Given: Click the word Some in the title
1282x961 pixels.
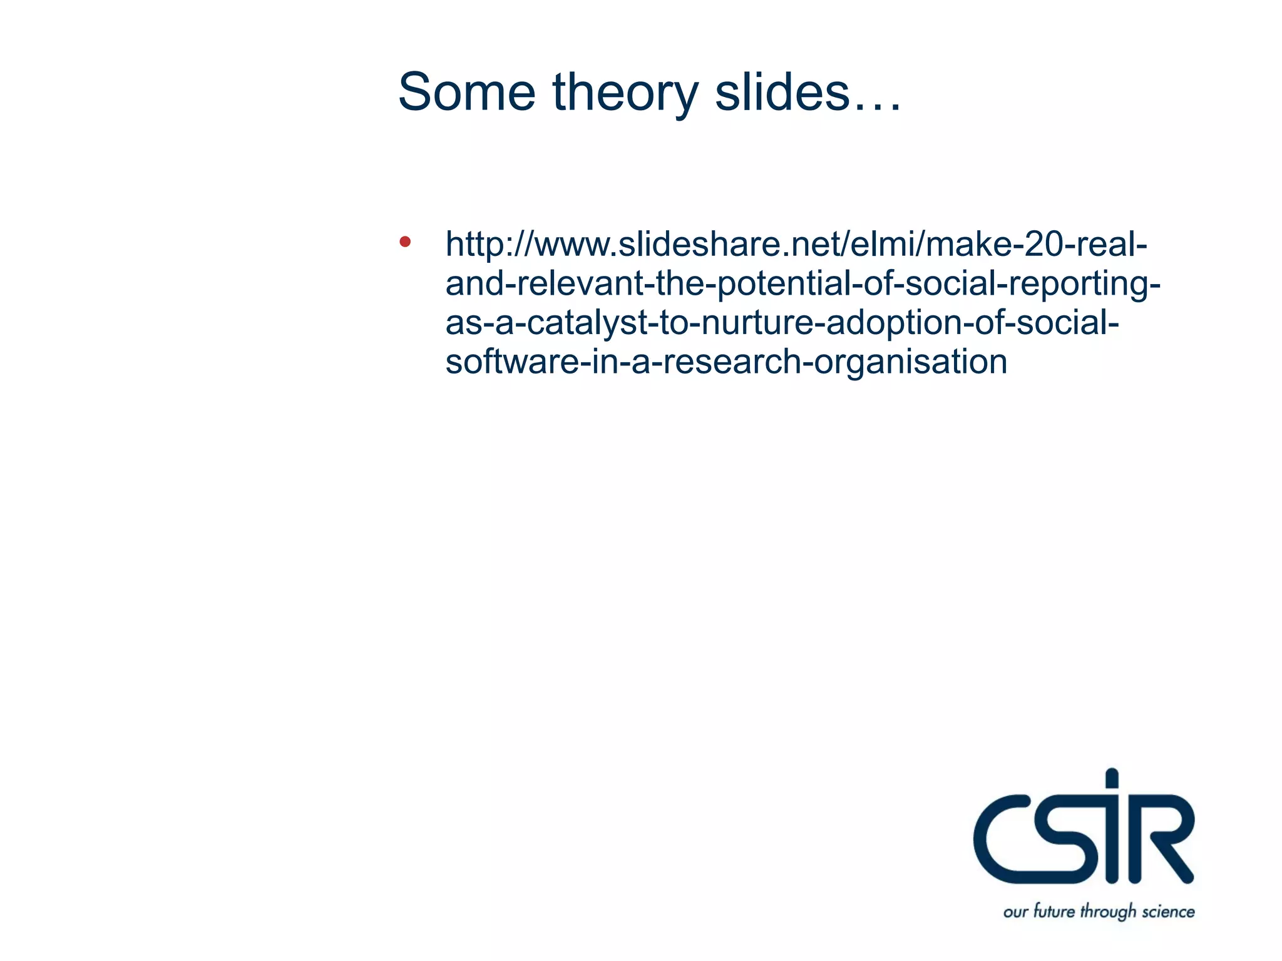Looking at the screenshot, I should (466, 93).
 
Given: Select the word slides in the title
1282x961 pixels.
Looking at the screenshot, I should (782, 93).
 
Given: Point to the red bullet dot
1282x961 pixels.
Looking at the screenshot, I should (405, 242).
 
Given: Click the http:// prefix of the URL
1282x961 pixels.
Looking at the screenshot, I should (488, 245).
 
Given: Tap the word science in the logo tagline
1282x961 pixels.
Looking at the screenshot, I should (1168, 912).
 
